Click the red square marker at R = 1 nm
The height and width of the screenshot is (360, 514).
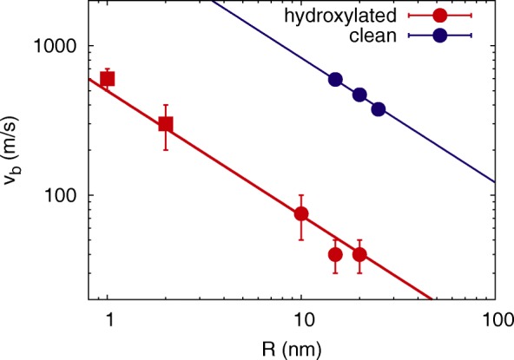point(108,79)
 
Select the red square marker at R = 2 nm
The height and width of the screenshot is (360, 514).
point(166,124)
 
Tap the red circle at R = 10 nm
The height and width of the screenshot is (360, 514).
point(301,213)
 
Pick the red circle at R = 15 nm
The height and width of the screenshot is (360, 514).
point(335,254)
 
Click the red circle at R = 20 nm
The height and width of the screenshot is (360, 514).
point(359,254)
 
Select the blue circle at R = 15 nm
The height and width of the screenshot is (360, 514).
point(335,80)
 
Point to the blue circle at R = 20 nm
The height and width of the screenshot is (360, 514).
point(359,95)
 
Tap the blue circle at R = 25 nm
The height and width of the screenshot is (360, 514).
point(379,109)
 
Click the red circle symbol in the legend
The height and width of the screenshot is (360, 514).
point(440,16)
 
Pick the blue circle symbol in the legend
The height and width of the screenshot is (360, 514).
point(440,36)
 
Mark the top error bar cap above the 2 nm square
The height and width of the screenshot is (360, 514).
point(166,105)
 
